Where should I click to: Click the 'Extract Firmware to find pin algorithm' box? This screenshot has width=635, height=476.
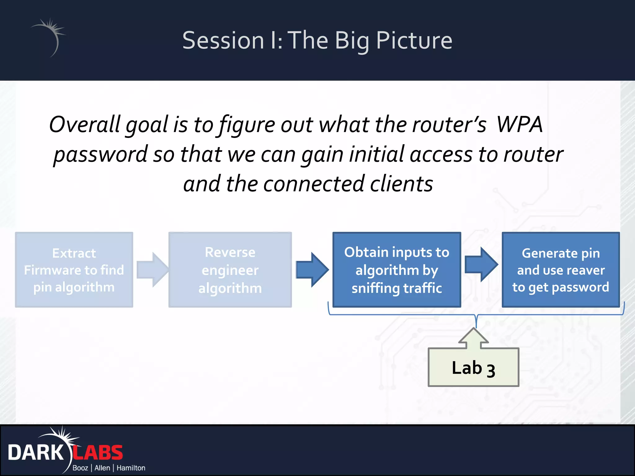pos(74,270)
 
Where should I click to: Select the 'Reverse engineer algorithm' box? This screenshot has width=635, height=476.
pos(230,270)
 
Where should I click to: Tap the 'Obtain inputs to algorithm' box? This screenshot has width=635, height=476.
pos(397,270)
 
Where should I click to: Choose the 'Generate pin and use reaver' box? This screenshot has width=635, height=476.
pos(561,270)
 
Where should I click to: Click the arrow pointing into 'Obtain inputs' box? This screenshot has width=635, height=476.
pos(312,270)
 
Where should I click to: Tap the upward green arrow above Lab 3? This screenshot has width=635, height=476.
pos(473,338)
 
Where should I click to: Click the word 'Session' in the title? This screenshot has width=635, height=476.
pos(223,41)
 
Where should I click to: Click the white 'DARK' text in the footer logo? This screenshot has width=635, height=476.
pos(35,453)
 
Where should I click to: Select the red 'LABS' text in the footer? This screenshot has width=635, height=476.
pos(98,453)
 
